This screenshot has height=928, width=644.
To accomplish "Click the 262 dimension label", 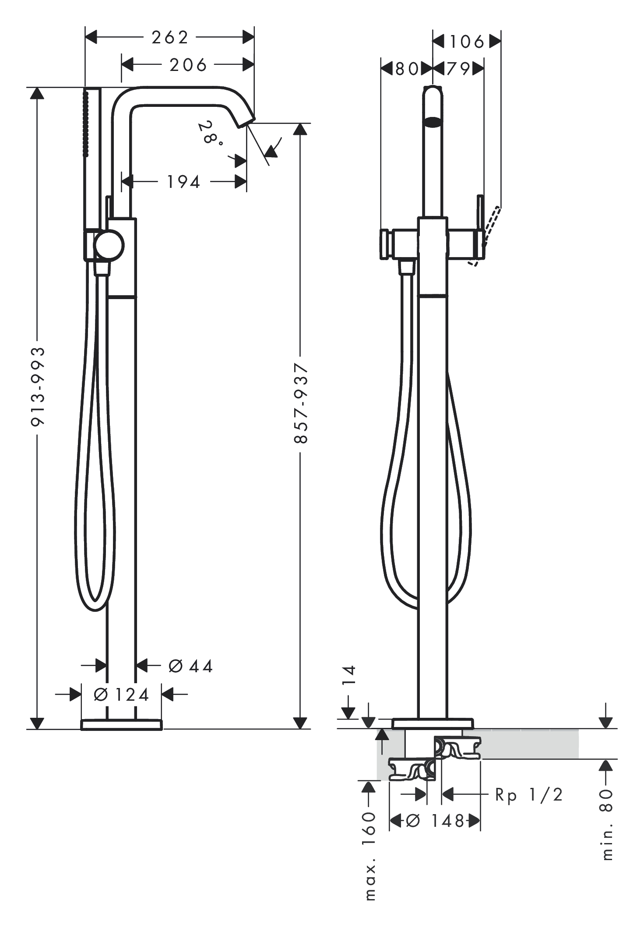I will pos(170,38).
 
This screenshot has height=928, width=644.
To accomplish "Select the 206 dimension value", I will pos(188,65).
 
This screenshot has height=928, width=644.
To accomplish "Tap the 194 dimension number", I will pos(184,182).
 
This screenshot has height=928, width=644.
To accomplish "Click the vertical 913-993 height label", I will pos(38,386).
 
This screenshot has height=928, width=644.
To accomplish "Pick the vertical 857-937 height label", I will pos(301,403).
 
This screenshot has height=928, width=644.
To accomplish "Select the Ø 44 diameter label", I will pos(190,666).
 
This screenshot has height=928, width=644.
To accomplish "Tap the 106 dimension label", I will pos(467,42).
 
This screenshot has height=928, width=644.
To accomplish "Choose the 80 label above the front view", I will pos(407,69).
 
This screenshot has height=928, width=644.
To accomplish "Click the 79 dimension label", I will pos(458,69).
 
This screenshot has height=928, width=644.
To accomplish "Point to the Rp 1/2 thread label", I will pos(529,794).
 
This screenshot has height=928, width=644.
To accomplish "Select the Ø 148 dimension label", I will pos(435,821).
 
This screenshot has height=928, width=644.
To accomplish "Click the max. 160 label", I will pos(370,856).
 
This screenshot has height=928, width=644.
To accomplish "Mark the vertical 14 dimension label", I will pos(349,675).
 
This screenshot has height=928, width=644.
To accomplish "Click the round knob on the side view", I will pos(109,245).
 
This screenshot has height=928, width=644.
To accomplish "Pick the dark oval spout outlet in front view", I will pos(433,122).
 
